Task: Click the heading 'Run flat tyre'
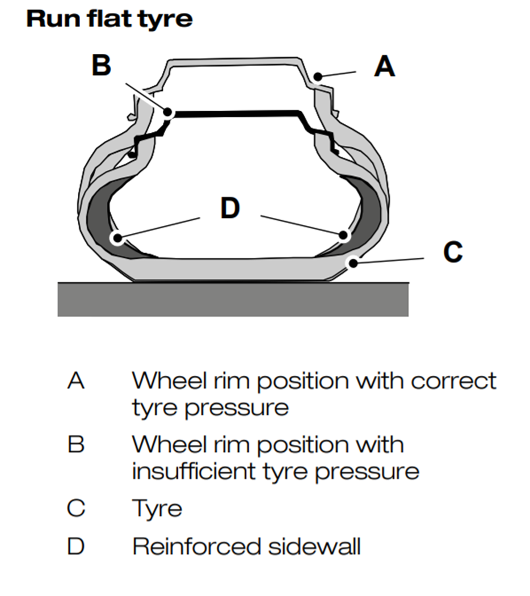[110, 19]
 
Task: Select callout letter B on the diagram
[102, 65]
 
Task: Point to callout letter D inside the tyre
[230, 209]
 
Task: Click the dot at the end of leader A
[319, 75]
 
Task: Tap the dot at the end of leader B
[168, 112]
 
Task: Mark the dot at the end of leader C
[353, 262]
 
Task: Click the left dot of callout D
[117, 238]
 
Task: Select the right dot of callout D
[343, 235]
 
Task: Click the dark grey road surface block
[233, 299]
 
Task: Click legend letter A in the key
[76, 381]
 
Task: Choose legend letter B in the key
[76, 444]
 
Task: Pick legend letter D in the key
[76, 547]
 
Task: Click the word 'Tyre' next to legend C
[157, 509]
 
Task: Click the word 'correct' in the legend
[453, 381]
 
